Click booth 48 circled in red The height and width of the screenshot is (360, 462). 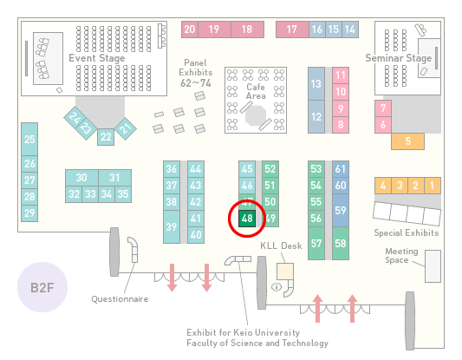click(247, 219)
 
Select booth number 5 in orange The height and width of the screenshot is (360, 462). click(407, 141)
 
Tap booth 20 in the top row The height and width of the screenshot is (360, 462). click(190, 29)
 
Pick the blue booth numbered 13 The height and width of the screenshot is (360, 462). click(316, 84)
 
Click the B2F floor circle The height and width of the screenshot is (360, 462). click(42, 287)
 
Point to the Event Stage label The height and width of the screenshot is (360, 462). click(96, 58)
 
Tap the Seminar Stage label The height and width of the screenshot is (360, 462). click(399, 58)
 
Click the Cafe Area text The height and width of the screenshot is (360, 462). click(256, 91)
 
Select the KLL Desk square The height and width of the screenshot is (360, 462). click(285, 272)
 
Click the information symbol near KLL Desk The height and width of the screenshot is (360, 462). click(277, 286)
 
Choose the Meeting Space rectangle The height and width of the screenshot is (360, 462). click(433, 266)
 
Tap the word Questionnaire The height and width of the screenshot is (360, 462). click(120, 299)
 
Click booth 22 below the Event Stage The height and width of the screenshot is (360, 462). click(106, 137)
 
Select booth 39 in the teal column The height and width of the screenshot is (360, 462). click(172, 226)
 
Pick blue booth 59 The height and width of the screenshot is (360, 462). click(341, 210)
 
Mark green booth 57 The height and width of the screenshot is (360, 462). click(316, 243)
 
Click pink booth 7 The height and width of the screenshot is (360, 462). click(383, 108)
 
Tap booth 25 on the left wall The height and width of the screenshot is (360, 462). click(29, 139)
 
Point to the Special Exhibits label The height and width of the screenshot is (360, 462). click(407, 233)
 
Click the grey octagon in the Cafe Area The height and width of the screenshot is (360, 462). click(256, 116)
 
